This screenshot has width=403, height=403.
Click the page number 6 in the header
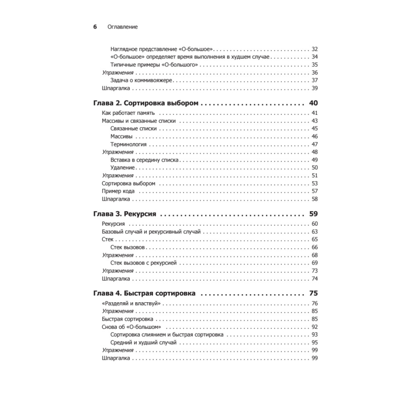[x=95, y=27]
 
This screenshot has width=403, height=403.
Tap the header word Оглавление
[x=123, y=27]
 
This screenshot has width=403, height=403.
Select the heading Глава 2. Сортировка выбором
[x=146, y=103]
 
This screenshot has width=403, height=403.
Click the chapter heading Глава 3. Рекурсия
[x=125, y=214]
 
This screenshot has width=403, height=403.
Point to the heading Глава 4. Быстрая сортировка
[x=144, y=293]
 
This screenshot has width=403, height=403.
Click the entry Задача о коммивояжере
[x=141, y=80]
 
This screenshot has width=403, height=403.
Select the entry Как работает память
[x=126, y=113]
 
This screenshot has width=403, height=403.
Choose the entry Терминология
[x=128, y=144]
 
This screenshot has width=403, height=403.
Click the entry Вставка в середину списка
[x=144, y=160]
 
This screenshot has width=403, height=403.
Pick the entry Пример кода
[x=118, y=191]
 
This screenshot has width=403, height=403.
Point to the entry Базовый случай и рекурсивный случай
[x=149, y=232]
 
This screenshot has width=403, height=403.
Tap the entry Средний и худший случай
[x=143, y=343]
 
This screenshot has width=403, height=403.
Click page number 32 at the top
[x=315, y=49]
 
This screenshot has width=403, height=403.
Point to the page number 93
[x=315, y=334]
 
